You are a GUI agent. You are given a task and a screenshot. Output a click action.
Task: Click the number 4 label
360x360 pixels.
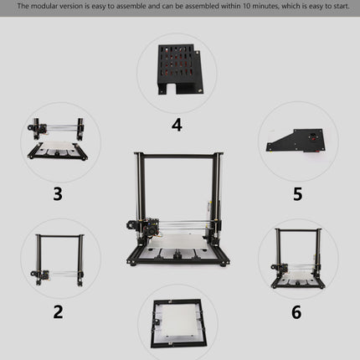click(x=177, y=125)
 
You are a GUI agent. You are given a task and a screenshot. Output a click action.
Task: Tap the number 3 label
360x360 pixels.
click(x=58, y=194)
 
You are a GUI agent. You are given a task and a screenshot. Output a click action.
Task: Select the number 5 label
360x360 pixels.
click(x=298, y=194)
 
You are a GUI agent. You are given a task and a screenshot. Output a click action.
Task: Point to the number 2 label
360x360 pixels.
click(x=58, y=311)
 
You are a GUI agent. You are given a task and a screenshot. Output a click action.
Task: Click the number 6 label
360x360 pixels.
click(x=296, y=312)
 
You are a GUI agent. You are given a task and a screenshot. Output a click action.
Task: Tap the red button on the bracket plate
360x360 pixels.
click(x=313, y=136)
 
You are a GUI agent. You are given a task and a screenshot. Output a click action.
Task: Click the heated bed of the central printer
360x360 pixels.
click(x=177, y=241)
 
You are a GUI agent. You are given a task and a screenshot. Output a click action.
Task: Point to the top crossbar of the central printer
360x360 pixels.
click(x=178, y=156)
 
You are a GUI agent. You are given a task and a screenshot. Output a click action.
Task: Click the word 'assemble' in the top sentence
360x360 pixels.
click(x=131, y=6)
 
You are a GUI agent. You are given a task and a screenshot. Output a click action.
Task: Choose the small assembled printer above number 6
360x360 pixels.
click(x=297, y=259)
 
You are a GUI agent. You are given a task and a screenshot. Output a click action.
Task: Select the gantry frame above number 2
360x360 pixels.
click(x=58, y=260)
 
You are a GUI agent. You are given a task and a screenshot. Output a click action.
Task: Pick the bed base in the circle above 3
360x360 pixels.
click(x=58, y=151)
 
